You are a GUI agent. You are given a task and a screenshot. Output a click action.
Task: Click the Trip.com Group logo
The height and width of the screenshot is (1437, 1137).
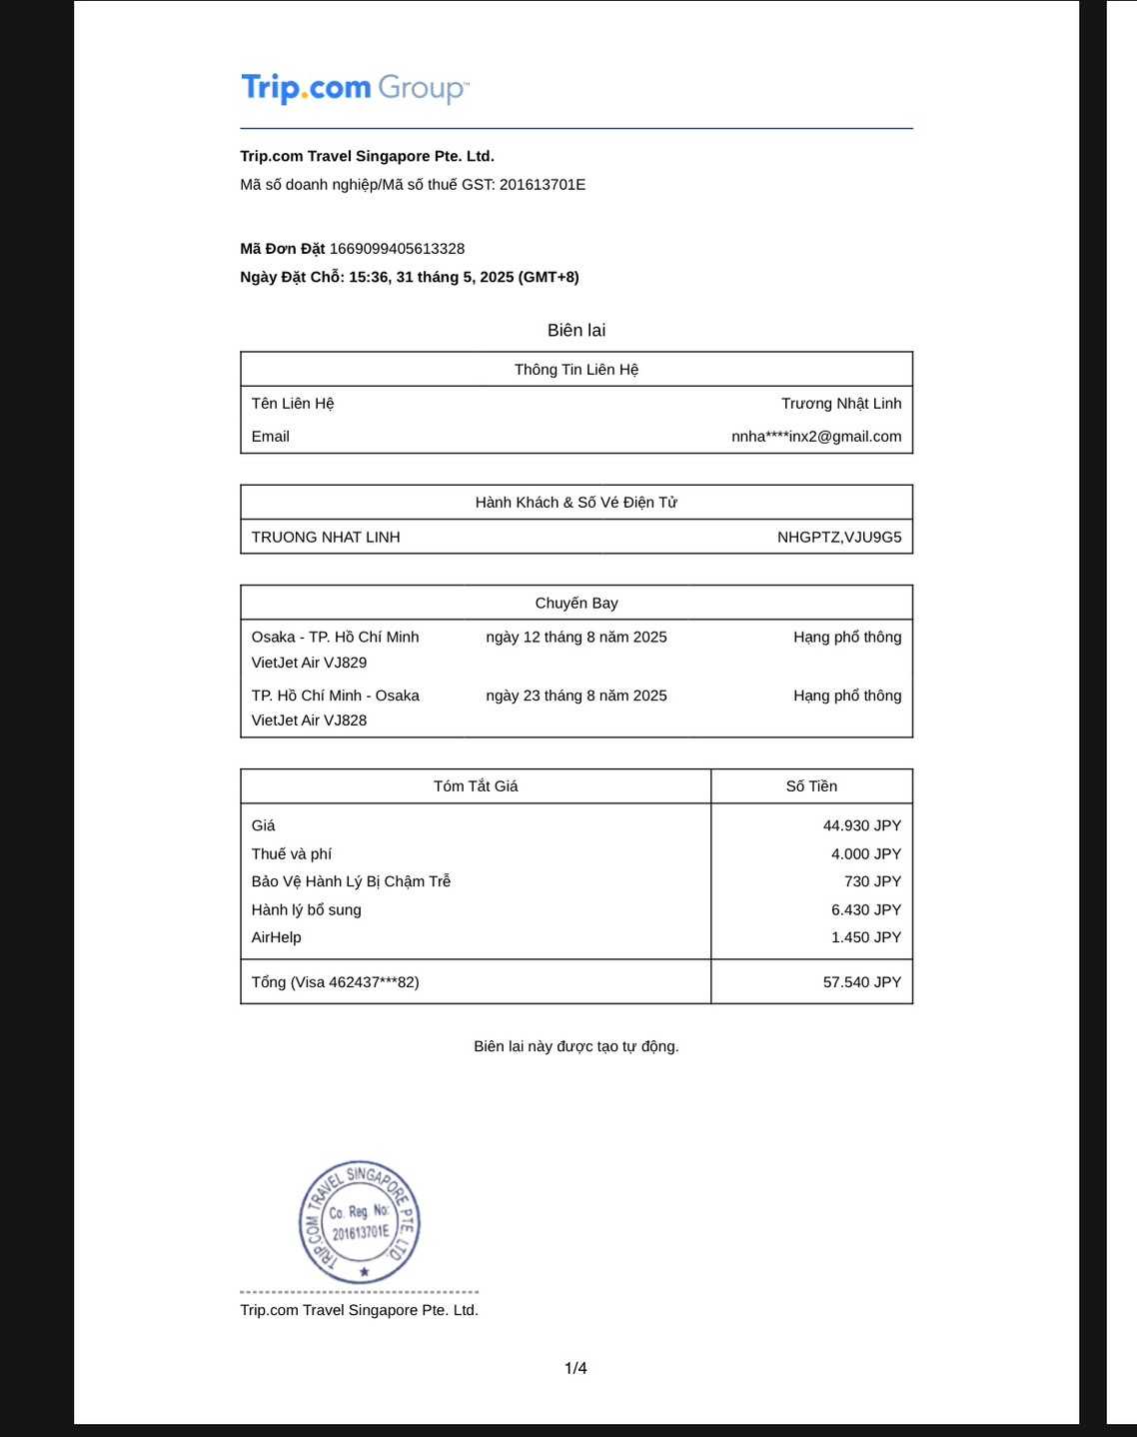pyautogui.click(x=355, y=88)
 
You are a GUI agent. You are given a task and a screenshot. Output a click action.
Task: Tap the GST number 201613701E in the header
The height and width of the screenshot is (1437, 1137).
pyautogui.click(x=543, y=185)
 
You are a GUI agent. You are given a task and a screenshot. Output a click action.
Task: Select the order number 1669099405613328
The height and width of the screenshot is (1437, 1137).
pyautogui.click(x=397, y=249)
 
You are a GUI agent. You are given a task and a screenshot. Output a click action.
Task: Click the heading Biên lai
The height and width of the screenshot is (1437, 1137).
pyautogui.click(x=576, y=331)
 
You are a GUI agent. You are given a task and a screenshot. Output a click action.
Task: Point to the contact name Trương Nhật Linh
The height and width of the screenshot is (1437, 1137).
pyautogui.click(x=841, y=404)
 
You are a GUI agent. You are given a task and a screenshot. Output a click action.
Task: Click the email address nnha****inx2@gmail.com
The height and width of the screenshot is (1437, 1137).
pyautogui.click(x=816, y=437)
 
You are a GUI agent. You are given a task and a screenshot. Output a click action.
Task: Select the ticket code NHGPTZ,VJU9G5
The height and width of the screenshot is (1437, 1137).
pyautogui.click(x=839, y=538)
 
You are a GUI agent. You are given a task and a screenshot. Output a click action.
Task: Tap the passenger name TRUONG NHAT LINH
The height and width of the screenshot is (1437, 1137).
pyautogui.click(x=326, y=538)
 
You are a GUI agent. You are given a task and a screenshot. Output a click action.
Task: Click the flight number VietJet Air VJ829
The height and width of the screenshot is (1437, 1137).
pyautogui.click(x=309, y=663)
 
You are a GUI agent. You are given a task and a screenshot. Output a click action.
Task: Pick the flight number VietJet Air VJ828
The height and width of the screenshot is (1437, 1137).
pyautogui.click(x=309, y=720)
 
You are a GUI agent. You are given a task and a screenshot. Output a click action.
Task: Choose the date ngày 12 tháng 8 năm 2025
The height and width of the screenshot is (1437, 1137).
pyautogui.click(x=576, y=638)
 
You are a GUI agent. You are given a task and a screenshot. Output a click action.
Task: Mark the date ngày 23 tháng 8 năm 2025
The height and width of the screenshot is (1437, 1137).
pyautogui.click(x=576, y=696)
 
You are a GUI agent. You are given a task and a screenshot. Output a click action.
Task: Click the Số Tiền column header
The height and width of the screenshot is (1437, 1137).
pyautogui.click(x=811, y=786)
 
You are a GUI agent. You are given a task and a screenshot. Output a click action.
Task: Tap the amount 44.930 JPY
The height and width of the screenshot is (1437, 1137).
pyautogui.click(x=862, y=826)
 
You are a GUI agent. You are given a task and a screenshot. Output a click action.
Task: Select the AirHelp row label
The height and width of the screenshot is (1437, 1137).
pyautogui.click(x=277, y=937)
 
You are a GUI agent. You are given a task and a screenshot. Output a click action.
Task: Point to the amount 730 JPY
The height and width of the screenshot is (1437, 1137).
pyautogui.click(x=872, y=881)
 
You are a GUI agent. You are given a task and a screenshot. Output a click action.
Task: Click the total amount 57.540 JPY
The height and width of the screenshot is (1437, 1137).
pyautogui.click(x=862, y=982)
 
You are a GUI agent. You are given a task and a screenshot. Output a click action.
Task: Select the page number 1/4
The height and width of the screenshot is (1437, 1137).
pyautogui.click(x=576, y=1368)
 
